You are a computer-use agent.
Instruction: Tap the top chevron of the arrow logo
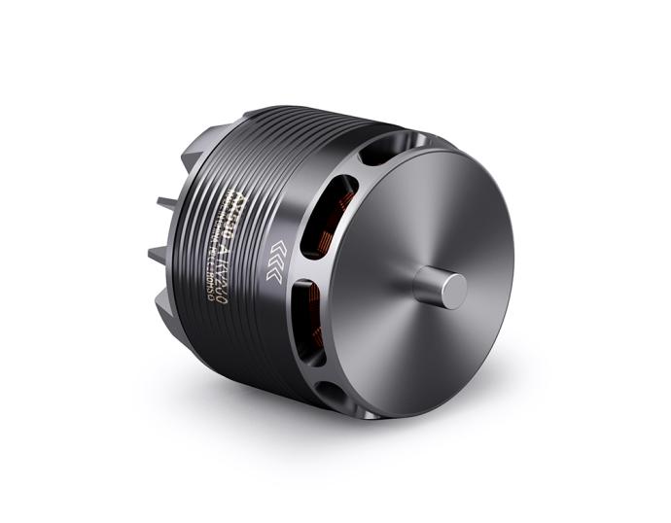coord(276,244)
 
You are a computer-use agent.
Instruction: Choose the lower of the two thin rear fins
coord(161,255)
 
